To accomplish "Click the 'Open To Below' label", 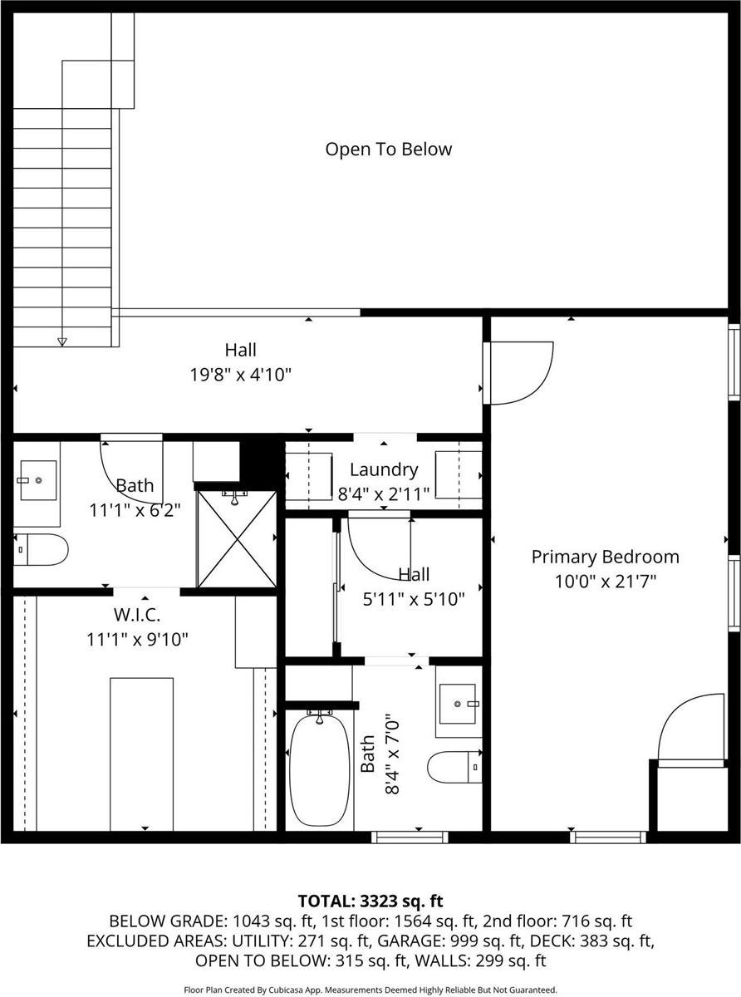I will (x=388, y=150).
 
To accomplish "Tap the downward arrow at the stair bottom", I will (x=61, y=341).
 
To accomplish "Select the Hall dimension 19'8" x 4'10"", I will (x=240, y=375).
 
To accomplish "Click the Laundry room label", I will (x=383, y=469).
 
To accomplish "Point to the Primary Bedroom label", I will (x=605, y=557).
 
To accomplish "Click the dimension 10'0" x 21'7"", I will (x=606, y=581).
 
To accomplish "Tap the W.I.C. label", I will (x=137, y=616).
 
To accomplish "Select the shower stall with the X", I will (x=237, y=539).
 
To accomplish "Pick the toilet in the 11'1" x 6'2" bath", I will (x=41, y=548).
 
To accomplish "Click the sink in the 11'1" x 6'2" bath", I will (x=37, y=480).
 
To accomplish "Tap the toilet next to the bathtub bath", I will (x=454, y=765).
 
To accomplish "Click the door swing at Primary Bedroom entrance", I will (x=522, y=374).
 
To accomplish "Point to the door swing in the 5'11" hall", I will (x=378, y=548).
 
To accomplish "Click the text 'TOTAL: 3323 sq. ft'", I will (x=370, y=901).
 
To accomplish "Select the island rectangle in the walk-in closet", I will (x=142, y=752).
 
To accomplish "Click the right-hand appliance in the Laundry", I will (x=459, y=475).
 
